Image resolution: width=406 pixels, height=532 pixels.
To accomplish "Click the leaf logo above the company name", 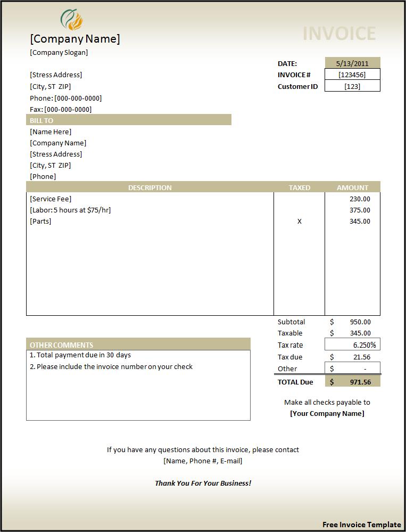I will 72,20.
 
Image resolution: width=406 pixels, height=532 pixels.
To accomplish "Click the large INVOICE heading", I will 339,34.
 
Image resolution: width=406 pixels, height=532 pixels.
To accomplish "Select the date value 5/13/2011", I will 352,63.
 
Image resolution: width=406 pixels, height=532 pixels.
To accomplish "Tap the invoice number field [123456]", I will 352,75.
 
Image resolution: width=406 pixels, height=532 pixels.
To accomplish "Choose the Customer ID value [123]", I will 352,86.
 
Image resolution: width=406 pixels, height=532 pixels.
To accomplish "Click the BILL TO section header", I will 42,120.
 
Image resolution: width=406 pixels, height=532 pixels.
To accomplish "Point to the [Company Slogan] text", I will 59,52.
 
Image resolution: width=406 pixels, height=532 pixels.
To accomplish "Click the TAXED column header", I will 299,187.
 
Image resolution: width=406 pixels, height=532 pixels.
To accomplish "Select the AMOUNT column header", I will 352,187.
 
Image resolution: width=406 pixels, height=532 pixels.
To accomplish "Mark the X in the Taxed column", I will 299,221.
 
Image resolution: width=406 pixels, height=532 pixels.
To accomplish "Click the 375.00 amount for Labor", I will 360,210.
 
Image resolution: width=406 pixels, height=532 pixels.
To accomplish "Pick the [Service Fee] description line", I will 51,199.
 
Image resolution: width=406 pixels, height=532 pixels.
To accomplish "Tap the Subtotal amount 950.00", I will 360,322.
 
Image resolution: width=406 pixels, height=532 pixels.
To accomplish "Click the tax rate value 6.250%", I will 364,345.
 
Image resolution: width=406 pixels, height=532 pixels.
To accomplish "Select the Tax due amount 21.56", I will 362,357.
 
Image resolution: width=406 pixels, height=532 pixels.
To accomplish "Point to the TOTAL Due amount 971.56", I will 360,382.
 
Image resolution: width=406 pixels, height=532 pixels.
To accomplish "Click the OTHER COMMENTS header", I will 61,345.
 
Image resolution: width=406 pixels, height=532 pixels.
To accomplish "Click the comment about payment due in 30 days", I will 80,355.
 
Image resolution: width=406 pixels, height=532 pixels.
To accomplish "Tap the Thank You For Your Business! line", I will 203,483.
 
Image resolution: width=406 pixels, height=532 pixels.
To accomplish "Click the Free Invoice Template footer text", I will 361,525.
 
